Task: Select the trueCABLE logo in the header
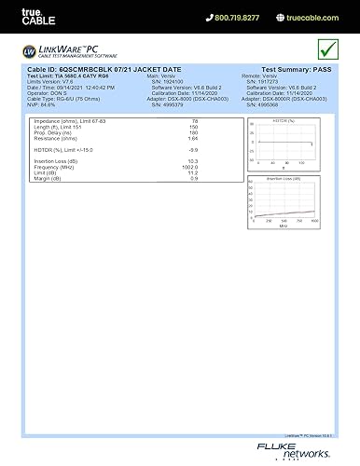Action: [21, 17]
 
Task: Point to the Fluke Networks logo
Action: [315, 448]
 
